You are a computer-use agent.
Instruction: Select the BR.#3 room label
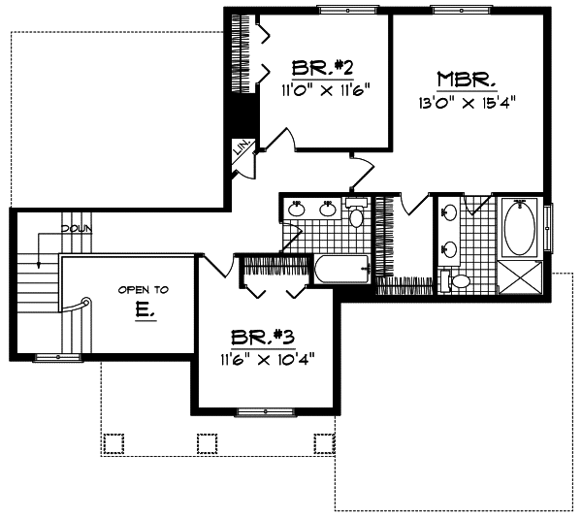click(x=263, y=337)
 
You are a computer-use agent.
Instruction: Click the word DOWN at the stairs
click(x=77, y=229)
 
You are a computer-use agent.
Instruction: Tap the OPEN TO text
click(x=143, y=290)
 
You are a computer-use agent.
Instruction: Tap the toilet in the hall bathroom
click(x=355, y=216)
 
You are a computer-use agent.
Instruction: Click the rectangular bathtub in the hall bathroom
click(x=339, y=269)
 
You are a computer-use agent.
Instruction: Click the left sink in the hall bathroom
click(x=297, y=209)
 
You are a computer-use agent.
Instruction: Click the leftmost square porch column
click(x=113, y=442)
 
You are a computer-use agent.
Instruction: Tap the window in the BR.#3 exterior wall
click(x=265, y=411)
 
